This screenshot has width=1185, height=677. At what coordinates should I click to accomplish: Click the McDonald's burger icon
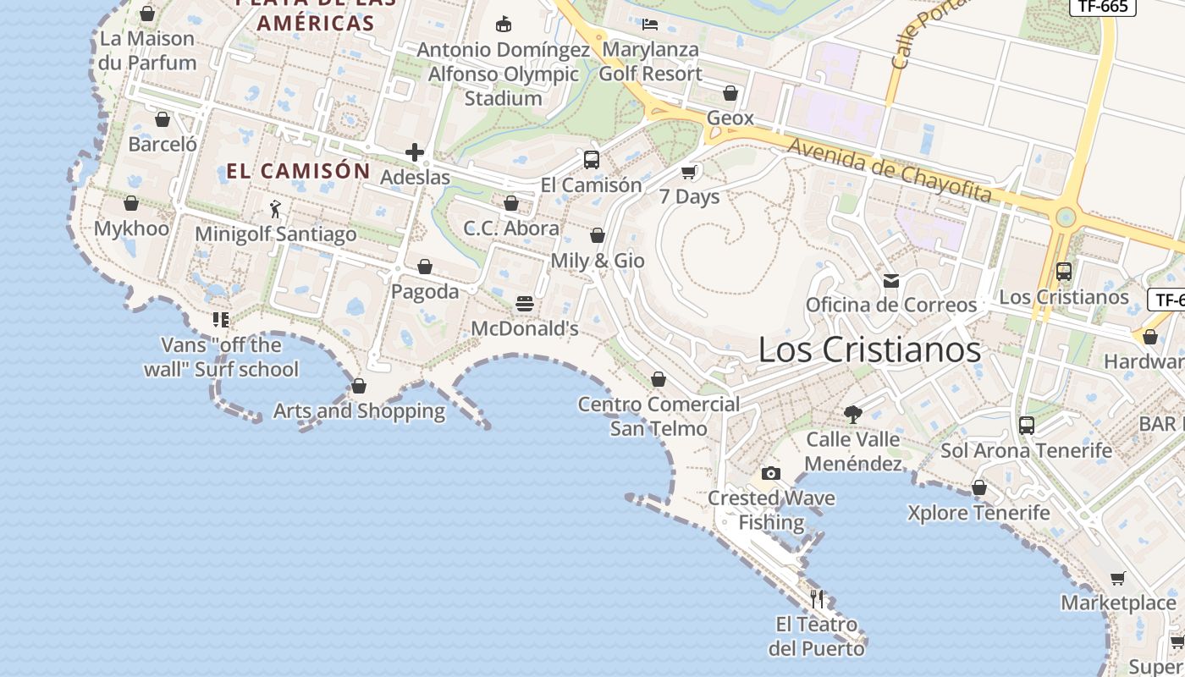[x=525, y=304]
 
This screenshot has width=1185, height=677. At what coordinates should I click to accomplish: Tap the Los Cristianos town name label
[x=869, y=350]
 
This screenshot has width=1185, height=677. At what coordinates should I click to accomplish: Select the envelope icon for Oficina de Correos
[x=891, y=280]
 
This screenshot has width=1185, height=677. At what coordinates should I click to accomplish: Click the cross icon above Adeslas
[x=415, y=152]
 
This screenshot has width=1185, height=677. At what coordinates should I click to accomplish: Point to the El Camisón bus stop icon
[x=592, y=159]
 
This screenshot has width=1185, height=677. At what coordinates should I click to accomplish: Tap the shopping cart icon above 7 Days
[x=689, y=172]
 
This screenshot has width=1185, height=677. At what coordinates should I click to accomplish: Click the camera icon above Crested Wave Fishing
[x=770, y=473]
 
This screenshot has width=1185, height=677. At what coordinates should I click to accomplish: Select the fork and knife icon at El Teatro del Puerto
[x=817, y=599]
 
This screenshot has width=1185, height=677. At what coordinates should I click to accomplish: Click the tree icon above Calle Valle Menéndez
[x=853, y=414]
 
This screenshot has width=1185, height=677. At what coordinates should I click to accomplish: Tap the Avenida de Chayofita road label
[x=889, y=170]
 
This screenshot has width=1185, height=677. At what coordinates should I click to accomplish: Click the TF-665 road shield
[x=1103, y=7]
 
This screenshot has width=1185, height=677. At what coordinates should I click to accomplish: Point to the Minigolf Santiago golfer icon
[x=275, y=208]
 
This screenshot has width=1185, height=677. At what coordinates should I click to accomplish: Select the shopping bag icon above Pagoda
[x=425, y=267]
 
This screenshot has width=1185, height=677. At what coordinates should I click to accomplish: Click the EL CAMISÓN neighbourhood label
[x=298, y=171]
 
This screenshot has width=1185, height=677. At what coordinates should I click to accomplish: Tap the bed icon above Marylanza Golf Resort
[x=650, y=24]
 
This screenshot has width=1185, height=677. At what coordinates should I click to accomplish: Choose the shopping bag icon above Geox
[x=730, y=93]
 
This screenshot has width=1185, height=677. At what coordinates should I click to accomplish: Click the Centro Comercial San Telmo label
[x=659, y=416]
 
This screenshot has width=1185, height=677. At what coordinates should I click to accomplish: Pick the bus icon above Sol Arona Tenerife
[x=1027, y=425]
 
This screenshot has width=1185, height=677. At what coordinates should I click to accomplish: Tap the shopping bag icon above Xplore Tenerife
[x=979, y=487]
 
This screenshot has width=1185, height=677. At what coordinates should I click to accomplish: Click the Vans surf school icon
[x=221, y=319]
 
